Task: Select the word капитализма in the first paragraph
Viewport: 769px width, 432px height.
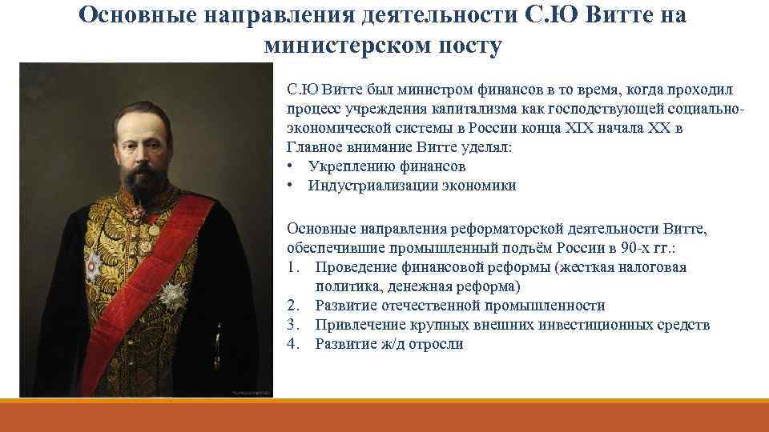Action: click(473, 108)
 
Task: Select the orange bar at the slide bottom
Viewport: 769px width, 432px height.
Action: click(384, 416)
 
